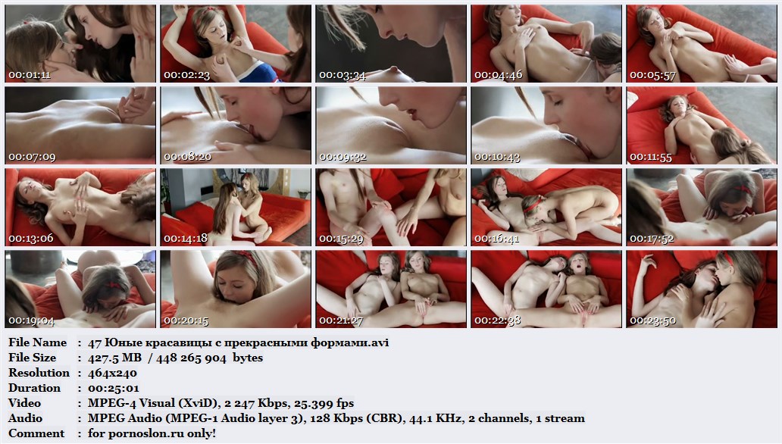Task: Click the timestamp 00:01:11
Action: pyautogui.click(x=30, y=75)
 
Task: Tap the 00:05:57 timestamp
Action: pyautogui.click(x=652, y=75)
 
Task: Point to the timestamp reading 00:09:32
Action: pyautogui.click(x=343, y=157)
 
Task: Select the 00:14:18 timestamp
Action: pyautogui.click(x=186, y=239)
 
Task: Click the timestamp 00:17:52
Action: pyautogui.click(x=652, y=239)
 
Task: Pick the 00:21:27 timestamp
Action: pyautogui.click(x=341, y=320)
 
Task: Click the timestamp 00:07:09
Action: pyautogui.click(x=32, y=157)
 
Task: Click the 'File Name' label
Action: pyautogui.click(x=37, y=342)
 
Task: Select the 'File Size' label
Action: pyautogui.click(x=33, y=358)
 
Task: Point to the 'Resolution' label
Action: pyautogui.click(x=39, y=373)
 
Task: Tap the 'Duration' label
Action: pyautogui.click(x=34, y=388)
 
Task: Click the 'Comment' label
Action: pyautogui.click(x=36, y=433)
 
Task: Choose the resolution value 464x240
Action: pyautogui.click(x=112, y=374)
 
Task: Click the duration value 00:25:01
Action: pyautogui.click(x=114, y=388)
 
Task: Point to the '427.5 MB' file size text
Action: pyautogui.click(x=114, y=358)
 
